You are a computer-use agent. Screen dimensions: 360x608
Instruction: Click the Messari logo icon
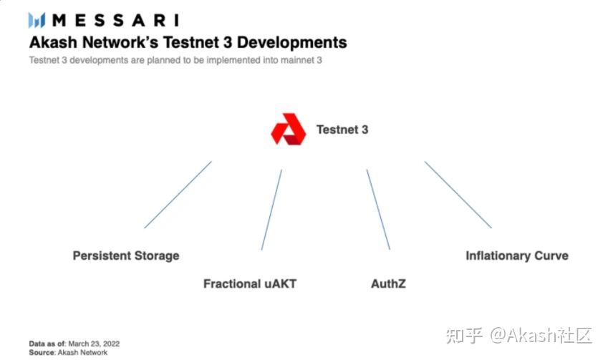(x=37, y=20)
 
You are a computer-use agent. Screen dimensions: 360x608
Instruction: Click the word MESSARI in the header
(x=115, y=20)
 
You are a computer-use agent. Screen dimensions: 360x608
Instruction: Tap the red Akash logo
(x=288, y=130)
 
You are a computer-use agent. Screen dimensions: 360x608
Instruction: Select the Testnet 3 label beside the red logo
(x=342, y=130)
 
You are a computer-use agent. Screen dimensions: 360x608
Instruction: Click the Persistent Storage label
(x=126, y=256)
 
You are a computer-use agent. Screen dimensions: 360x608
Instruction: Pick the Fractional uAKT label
(x=249, y=283)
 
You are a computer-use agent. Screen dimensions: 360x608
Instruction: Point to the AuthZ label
(x=388, y=283)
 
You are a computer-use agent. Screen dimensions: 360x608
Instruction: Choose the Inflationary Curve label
(x=516, y=256)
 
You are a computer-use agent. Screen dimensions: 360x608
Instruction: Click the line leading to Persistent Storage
(x=178, y=195)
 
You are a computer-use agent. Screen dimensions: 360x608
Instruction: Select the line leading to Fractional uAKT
(x=271, y=210)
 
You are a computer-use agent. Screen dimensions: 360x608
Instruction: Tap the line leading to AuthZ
(x=378, y=210)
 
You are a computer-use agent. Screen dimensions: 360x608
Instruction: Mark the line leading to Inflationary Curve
(x=458, y=195)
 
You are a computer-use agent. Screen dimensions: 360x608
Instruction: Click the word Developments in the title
(x=291, y=42)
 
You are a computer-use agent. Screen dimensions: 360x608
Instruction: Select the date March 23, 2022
(x=94, y=343)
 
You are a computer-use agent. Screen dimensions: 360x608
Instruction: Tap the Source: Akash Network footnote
(x=68, y=352)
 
